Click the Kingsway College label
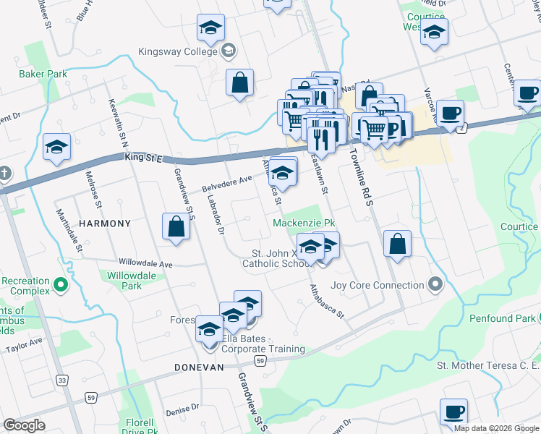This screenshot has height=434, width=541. click(178, 51)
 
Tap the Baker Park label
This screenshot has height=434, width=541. click(43, 74)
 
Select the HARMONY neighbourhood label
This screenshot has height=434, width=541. click(105, 224)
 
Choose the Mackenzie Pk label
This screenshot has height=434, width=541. click(304, 223)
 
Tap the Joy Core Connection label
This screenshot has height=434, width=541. click(376, 285)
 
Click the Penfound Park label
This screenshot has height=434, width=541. click(501, 318)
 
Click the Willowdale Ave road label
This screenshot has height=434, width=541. click(147, 263)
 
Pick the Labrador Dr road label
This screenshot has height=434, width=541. click(216, 216)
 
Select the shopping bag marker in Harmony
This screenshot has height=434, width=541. click(176, 226)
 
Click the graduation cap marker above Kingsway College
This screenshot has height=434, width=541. click(210, 27)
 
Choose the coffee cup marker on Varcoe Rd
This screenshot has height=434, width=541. click(450, 112)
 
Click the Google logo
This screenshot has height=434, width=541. click(25, 425)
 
